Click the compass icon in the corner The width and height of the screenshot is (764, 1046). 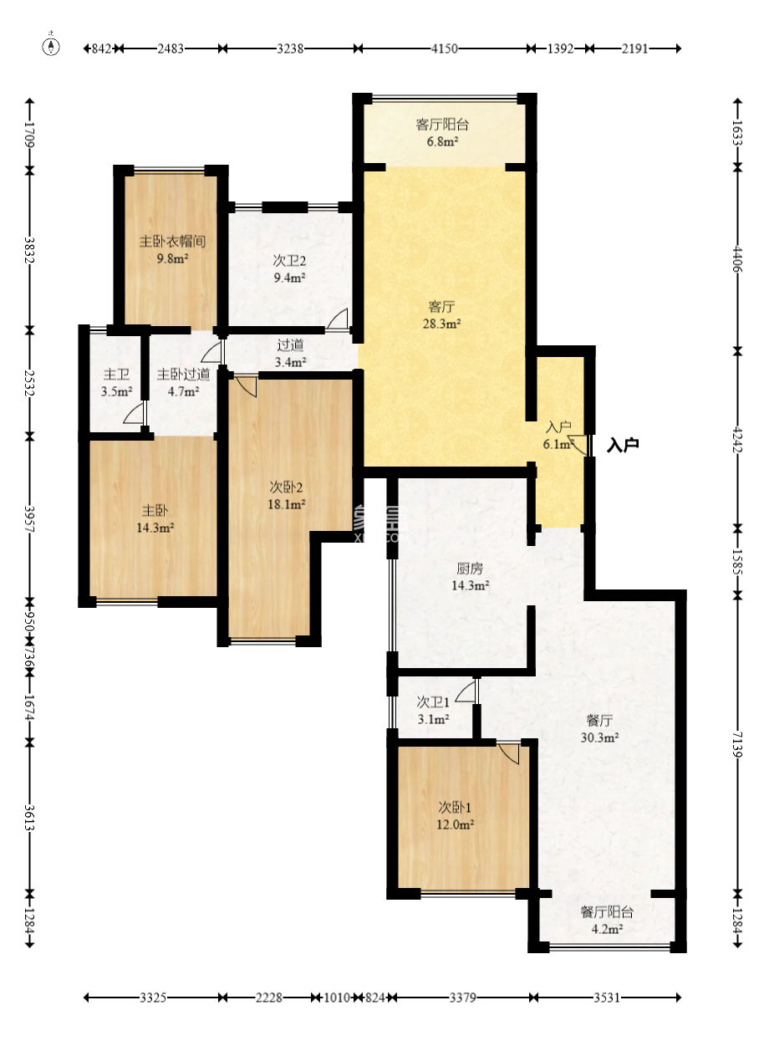point(51,45)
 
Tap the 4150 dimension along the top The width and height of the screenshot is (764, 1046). point(444,48)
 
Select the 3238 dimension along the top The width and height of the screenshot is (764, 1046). point(290,48)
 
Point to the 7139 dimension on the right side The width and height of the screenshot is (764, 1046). point(737,744)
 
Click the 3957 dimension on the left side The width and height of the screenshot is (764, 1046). point(29,518)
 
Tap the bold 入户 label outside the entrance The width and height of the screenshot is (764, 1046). point(623,446)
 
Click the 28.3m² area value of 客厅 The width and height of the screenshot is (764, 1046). point(442,324)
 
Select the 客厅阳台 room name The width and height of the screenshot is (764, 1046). point(442,125)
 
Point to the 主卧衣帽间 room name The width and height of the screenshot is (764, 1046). point(173,242)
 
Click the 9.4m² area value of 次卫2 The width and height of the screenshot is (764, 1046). point(289,278)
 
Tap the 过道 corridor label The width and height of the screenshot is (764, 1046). point(290,345)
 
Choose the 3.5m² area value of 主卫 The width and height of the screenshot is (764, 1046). point(116,391)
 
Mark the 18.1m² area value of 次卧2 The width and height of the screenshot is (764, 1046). point(287,504)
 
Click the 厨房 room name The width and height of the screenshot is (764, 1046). point(470,569)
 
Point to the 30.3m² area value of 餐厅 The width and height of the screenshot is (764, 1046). point(599,737)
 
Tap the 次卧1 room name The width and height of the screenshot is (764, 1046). point(455,808)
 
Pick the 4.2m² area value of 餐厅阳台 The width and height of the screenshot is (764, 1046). point(607,929)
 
